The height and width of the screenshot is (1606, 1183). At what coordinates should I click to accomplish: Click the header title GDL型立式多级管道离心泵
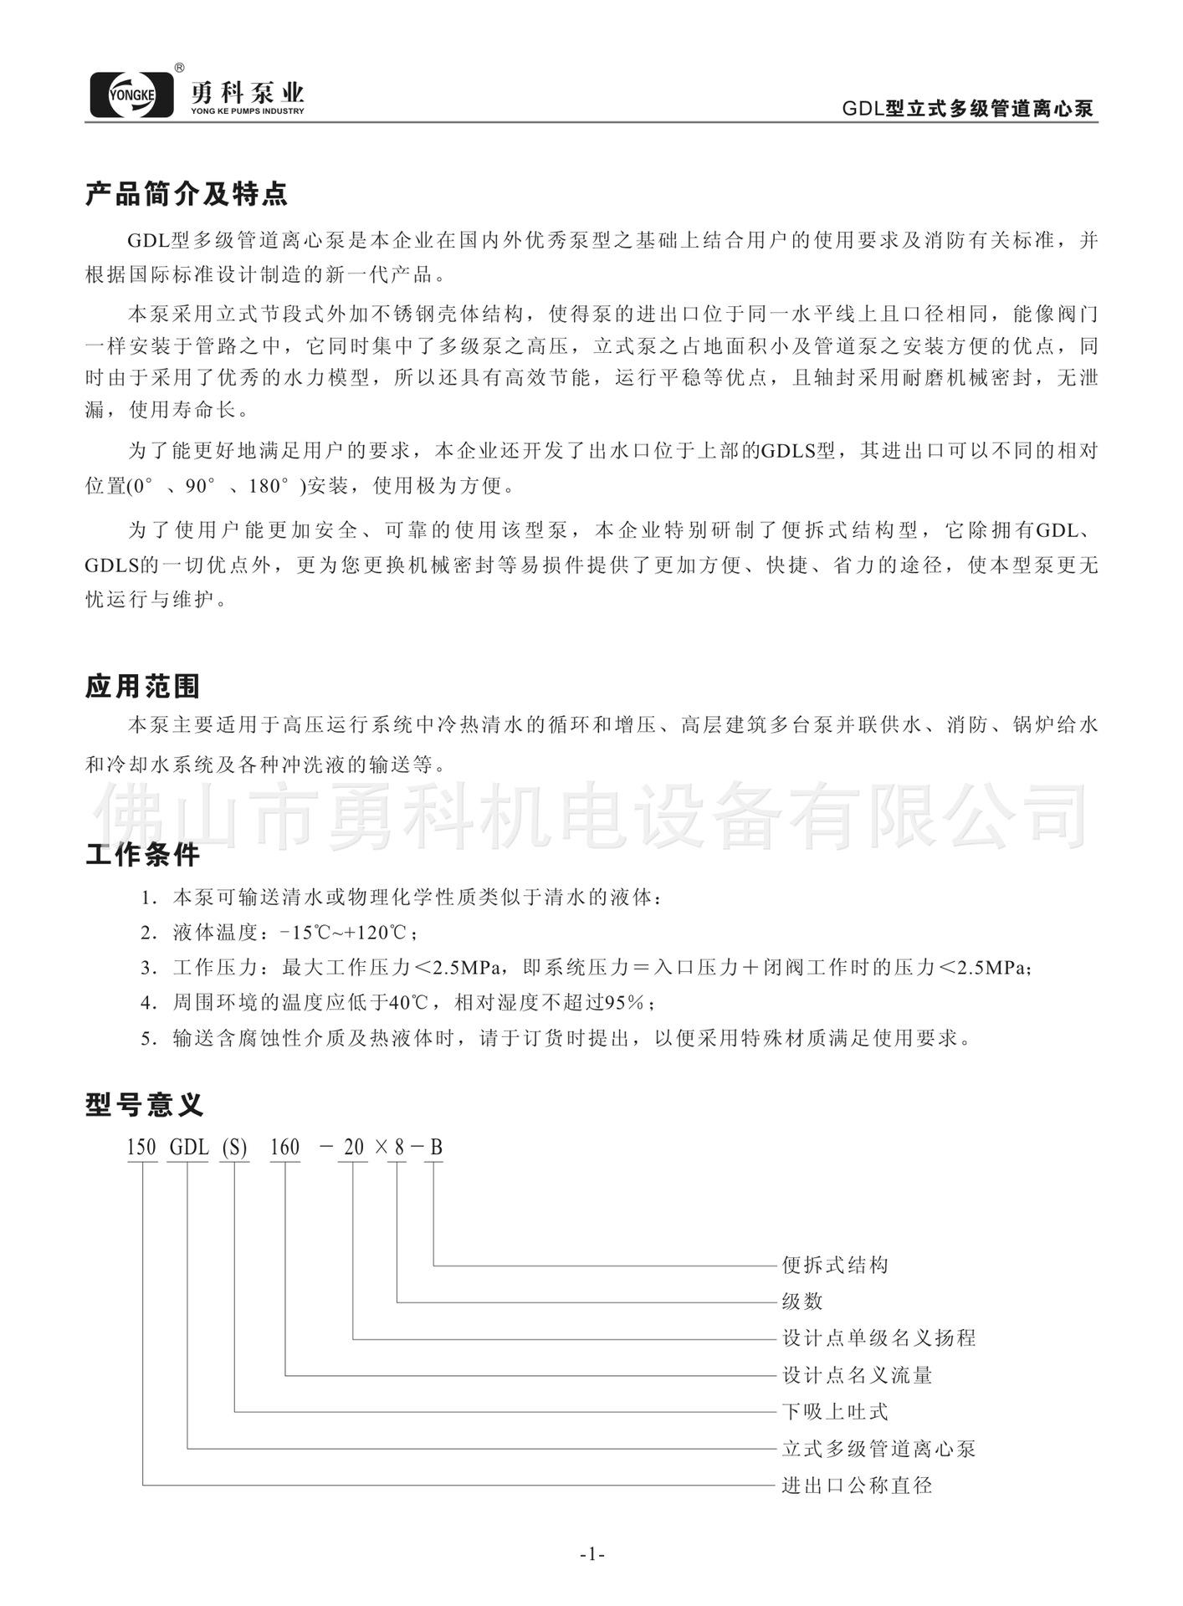tap(967, 110)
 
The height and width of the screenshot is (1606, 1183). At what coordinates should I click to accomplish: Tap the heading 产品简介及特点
tap(187, 195)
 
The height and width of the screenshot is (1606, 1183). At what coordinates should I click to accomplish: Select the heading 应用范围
tap(143, 687)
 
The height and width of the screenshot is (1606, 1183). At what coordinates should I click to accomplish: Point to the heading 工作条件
tap(143, 855)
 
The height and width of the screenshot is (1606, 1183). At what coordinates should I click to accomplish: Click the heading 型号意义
tap(144, 1104)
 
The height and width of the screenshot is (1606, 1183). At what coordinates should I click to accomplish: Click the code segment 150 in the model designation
tap(142, 1147)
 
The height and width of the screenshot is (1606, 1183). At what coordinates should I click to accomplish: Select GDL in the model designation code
tap(189, 1147)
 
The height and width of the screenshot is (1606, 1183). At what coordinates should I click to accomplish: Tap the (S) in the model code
tap(234, 1147)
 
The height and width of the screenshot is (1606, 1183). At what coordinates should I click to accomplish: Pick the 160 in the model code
tap(285, 1147)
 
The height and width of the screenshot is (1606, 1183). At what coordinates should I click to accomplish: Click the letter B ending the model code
tap(436, 1147)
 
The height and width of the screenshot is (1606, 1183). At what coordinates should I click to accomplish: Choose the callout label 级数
tap(802, 1302)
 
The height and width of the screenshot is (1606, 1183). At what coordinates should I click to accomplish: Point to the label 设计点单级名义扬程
tap(878, 1338)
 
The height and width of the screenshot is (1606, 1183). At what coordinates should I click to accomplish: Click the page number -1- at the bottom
tap(591, 1555)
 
